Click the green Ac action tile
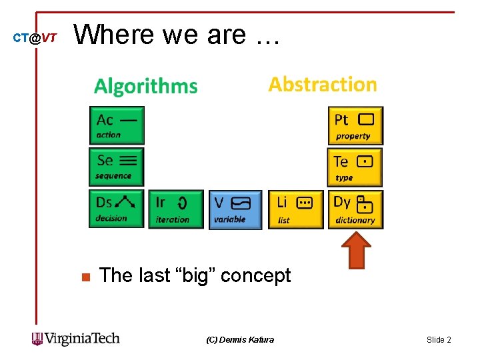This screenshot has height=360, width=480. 117,125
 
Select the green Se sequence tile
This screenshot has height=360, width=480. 117,167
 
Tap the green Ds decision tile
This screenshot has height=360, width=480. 117,209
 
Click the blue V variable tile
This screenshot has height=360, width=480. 231,209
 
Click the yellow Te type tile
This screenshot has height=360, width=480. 355,167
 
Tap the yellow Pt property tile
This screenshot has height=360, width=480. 355,126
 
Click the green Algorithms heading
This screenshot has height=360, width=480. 146,87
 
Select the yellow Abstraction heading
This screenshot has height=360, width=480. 323,85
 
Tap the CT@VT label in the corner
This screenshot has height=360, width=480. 35,39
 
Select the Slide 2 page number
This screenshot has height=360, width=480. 439,340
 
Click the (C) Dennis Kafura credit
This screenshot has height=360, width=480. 240,340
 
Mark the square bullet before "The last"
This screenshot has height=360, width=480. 85,277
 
